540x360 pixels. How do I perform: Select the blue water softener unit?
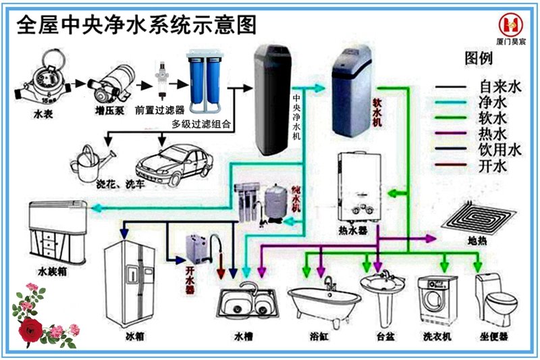pyautogui.click(x=350, y=95)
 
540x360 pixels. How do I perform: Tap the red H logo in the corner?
pyautogui.click(x=511, y=25)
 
